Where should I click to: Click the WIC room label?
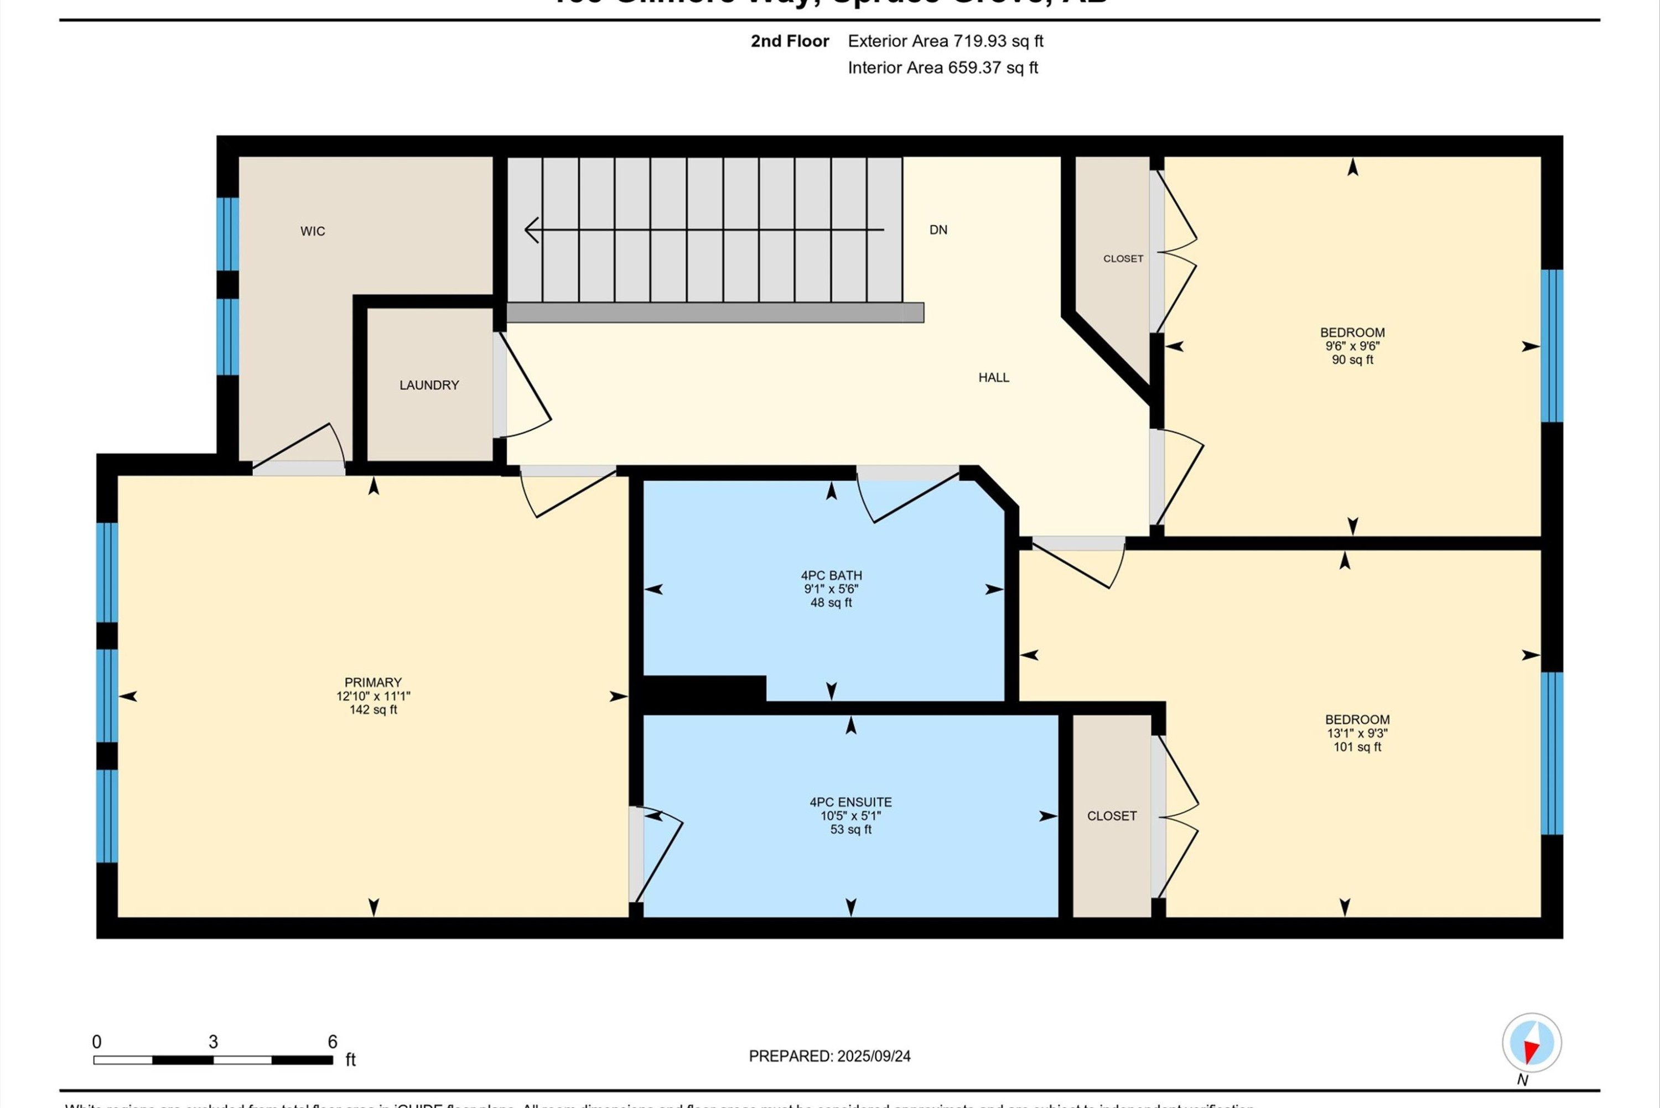point(312,231)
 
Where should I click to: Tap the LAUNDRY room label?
point(429,385)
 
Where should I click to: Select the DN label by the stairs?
point(938,230)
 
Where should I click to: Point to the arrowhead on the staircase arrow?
point(531,230)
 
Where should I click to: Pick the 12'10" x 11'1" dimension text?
point(373,696)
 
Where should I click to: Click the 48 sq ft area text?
point(831,603)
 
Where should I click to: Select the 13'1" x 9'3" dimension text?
point(1357,734)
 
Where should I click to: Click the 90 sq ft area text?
point(1352,360)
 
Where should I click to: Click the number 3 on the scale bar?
point(212,1042)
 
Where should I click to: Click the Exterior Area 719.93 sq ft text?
point(945,41)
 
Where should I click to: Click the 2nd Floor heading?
point(790,41)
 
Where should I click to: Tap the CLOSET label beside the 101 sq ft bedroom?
point(1112,816)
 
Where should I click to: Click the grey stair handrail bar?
point(714,313)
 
